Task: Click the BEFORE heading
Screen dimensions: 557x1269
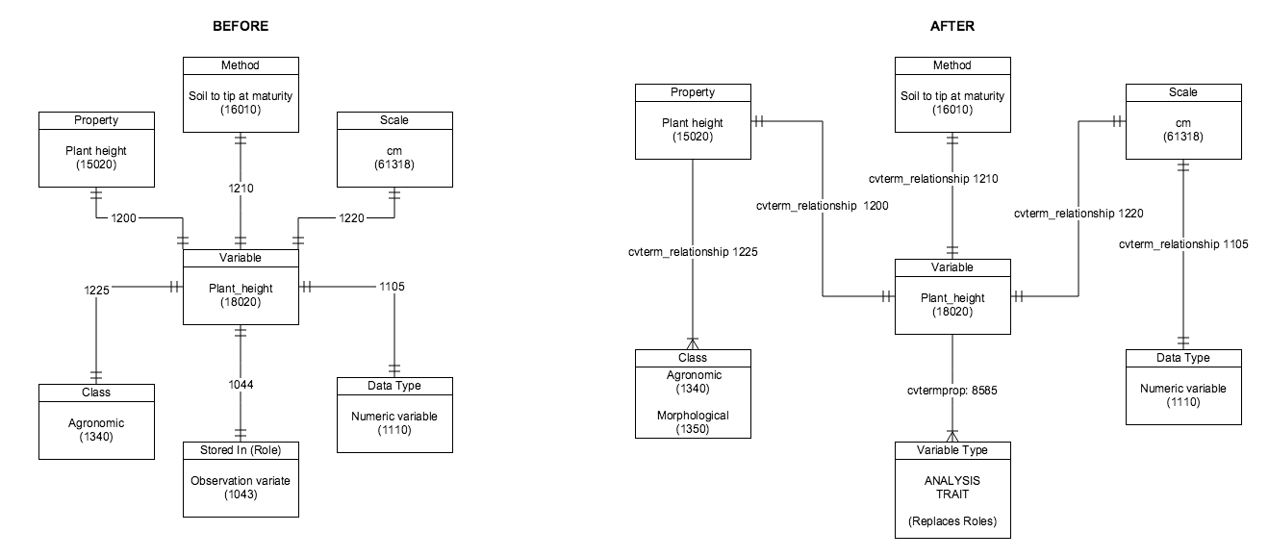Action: [241, 26]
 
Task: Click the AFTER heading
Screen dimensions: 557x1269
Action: [952, 26]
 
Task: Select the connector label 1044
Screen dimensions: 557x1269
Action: [241, 383]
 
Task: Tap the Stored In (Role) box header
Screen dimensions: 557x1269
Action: [241, 450]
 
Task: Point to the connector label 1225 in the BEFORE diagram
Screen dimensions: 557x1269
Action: [96, 288]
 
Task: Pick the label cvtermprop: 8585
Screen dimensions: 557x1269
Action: [953, 391]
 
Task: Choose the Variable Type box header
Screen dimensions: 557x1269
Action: [952, 450]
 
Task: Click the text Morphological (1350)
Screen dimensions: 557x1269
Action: [693, 422]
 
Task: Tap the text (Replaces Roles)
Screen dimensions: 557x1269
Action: [952, 521]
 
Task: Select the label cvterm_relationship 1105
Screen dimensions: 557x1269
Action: [1183, 244]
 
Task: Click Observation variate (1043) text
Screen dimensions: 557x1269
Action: [241, 488]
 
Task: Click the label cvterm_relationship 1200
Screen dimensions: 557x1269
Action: [822, 206]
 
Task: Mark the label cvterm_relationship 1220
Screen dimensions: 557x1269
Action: [1079, 214]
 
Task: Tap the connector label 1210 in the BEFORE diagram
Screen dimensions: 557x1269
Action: [241, 188]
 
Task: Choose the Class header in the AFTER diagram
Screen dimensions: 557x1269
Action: [693, 358]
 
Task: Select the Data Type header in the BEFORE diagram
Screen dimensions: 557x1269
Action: [394, 385]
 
